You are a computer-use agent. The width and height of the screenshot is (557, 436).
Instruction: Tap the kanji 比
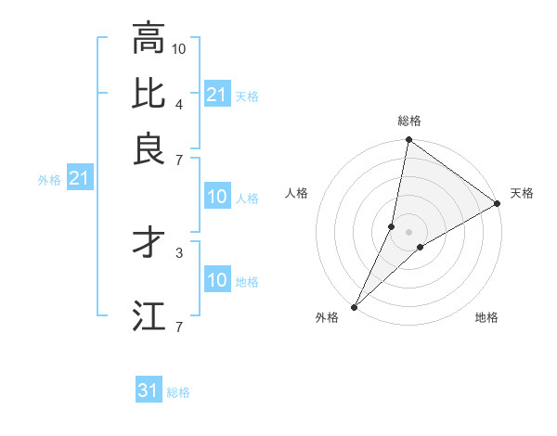[x=149, y=94]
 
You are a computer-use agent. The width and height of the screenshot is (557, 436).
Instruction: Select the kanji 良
[x=149, y=149]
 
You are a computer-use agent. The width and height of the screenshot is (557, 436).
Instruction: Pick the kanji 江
[x=149, y=316]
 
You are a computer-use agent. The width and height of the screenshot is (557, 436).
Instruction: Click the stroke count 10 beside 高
[x=180, y=47]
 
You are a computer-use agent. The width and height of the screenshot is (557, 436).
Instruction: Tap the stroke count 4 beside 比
[x=180, y=103]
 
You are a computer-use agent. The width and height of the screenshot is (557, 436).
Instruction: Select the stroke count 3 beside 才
[x=180, y=251]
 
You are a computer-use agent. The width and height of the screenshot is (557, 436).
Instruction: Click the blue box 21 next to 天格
[x=217, y=94]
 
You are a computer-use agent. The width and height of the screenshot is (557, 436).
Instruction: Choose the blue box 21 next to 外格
[x=79, y=178]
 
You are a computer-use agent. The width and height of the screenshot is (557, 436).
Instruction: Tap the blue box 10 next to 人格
[x=217, y=197]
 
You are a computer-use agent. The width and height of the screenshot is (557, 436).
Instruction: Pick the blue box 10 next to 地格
[x=217, y=280]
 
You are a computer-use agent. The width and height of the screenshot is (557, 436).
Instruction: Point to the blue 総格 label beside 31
[x=178, y=392]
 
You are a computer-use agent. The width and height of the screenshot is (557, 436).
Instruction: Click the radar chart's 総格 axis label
[x=409, y=121]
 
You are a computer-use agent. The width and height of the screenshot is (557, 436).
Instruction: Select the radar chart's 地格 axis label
[x=486, y=318]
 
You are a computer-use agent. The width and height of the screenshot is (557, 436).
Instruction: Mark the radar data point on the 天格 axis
[x=498, y=204]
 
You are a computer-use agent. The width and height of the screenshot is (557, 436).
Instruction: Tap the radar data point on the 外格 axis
[x=355, y=307]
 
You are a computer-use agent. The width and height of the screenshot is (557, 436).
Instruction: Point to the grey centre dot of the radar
[x=409, y=232]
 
